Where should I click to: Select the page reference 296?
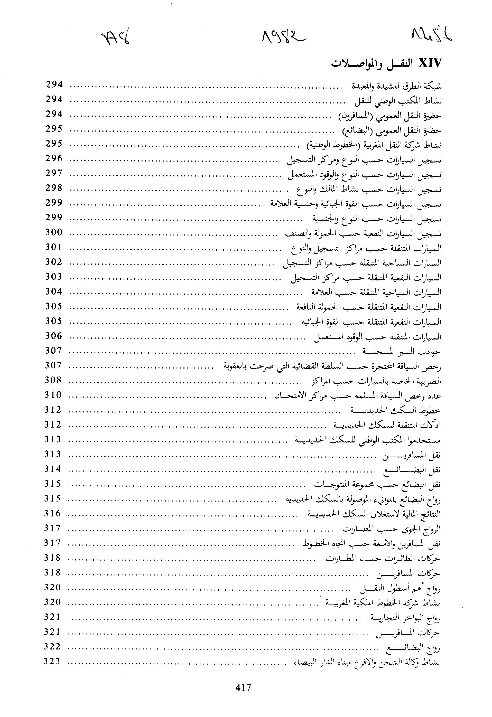pos(54,158)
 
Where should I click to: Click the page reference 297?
pos(54,173)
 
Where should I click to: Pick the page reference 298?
pos(54,188)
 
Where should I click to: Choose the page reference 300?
pos(54,232)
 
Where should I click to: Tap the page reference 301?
pos(54,247)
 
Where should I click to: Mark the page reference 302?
pos(54,262)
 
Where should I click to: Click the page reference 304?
pos(54,291)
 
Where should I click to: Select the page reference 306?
pos(54,336)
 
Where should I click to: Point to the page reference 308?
pos(53,380)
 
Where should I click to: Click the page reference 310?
pos(53,395)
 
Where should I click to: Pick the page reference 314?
pos(53,469)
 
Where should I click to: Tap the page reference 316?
pos(52,513)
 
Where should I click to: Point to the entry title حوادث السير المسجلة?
pos(402,351)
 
